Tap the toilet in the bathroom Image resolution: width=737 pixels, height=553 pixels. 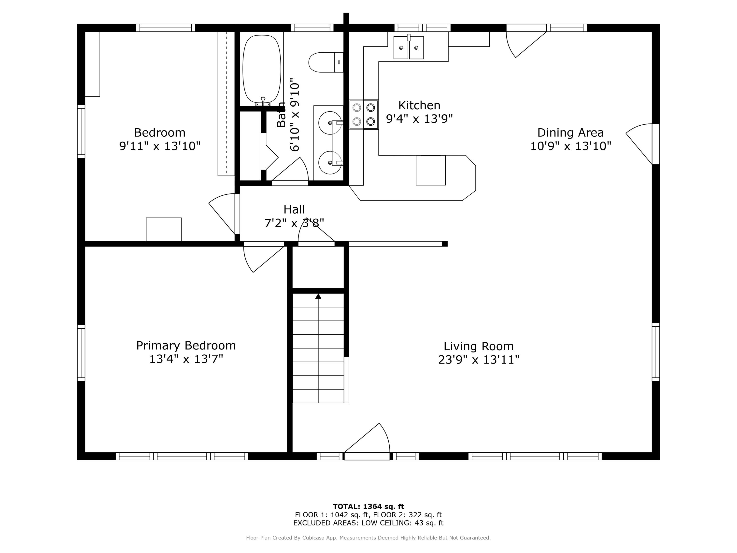(326, 62)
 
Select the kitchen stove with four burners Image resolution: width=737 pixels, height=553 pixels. (364, 114)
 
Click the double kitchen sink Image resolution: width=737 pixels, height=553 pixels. (409, 47)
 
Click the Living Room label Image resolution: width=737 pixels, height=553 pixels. (479, 346)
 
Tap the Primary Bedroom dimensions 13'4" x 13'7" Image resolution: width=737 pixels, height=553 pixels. (186, 359)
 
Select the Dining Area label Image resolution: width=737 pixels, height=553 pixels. (570, 133)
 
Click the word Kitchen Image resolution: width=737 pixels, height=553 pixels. (419, 105)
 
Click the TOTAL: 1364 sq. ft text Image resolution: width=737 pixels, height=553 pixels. (368, 507)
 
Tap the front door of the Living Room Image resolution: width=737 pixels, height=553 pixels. (367, 442)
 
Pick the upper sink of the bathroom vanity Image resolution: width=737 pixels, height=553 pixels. (330, 123)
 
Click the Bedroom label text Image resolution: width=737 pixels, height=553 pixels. (160, 133)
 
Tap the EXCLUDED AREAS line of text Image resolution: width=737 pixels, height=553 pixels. (368, 523)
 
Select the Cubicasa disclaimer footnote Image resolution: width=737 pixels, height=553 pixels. (368, 538)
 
